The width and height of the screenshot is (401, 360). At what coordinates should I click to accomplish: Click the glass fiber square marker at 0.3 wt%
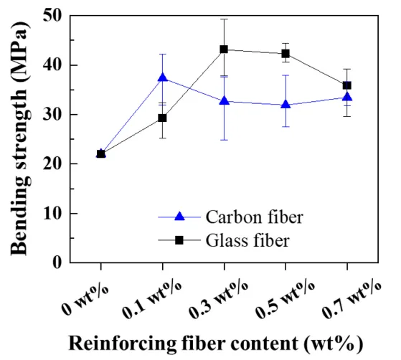click(x=224, y=49)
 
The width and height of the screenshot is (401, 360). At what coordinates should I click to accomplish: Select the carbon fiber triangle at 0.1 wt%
click(x=162, y=77)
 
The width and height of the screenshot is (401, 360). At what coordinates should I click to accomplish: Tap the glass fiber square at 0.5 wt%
click(x=286, y=53)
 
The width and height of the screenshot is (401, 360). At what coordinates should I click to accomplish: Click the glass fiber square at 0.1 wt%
click(x=162, y=118)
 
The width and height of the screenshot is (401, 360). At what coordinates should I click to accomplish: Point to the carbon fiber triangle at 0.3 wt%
click(x=224, y=101)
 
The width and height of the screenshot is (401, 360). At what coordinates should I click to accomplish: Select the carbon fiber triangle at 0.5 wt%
click(x=286, y=105)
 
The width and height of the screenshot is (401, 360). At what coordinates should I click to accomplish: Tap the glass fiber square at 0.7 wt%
click(x=347, y=85)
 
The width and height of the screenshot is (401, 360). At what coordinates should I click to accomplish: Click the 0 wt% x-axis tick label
click(x=85, y=295)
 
